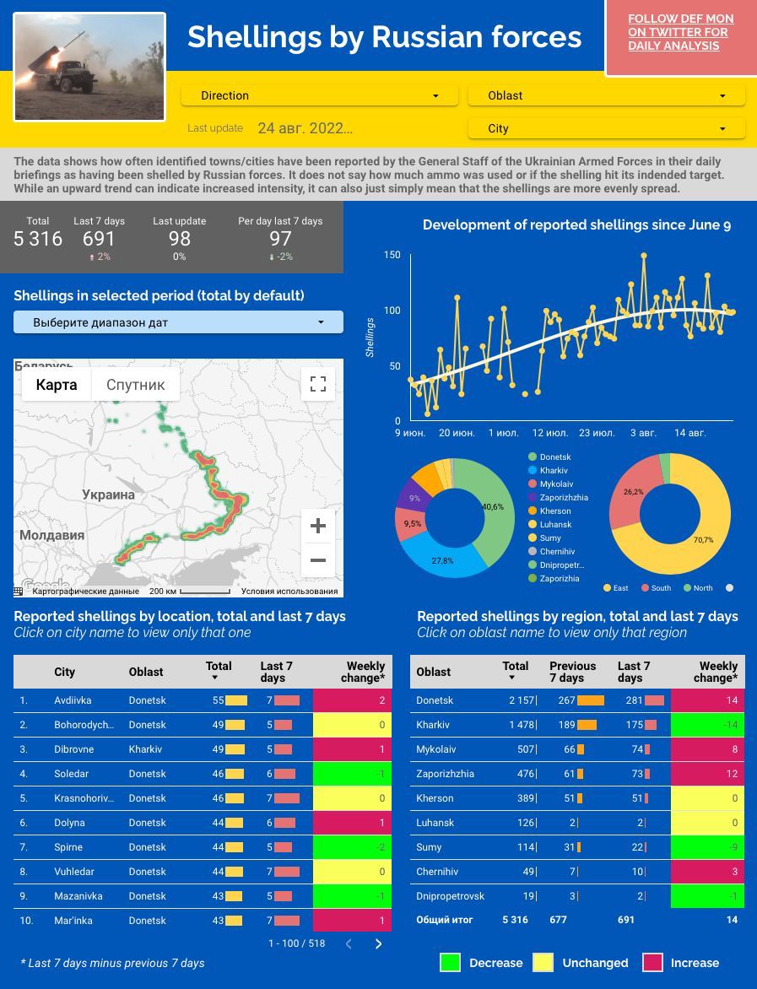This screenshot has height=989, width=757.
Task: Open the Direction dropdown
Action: point(319,95)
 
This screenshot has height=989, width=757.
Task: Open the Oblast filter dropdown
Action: point(606,95)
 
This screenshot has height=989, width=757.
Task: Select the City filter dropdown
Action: point(606,128)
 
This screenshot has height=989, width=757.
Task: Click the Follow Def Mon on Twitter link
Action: point(680,32)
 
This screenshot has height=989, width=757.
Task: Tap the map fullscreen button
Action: point(318,384)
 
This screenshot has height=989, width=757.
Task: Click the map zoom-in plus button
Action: point(318,526)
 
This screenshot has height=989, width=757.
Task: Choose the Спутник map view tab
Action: point(135,385)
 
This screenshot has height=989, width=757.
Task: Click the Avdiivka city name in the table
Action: point(73,700)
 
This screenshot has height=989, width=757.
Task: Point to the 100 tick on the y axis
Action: point(392,311)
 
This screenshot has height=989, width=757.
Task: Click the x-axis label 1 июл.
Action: point(504,433)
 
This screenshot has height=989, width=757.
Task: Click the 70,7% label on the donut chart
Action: point(703,540)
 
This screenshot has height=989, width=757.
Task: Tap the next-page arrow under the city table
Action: point(378,943)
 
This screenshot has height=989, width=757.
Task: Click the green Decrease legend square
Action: point(450,963)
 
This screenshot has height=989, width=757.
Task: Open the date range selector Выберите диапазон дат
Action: point(178,322)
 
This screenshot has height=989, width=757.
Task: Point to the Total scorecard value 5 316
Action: point(38,239)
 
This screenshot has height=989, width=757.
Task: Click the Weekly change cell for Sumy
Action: point(707,847)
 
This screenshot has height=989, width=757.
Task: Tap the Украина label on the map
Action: point(108,495)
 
